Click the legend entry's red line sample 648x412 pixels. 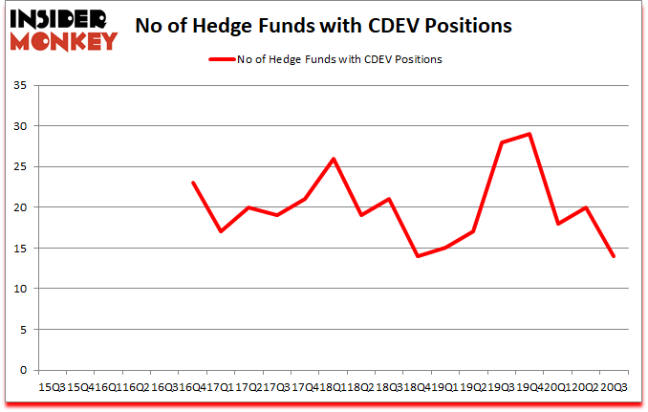pyautogui.click(x=223, y=59)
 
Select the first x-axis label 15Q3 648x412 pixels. pyautogui.click(x=51, y=387)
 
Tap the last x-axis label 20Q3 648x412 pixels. pyautogui.click(x=613, y=387)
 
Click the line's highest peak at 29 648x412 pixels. pyautogui.click(x=529, y=134)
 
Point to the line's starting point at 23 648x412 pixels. pyautogui.click(x=193, y=183)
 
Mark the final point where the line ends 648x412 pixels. pyautogui.click(x=613, y=256)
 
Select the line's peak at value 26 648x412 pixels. pyautogui.click(x=333, y=159)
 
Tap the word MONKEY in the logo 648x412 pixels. pyautogui.click(x=64, y=40)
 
